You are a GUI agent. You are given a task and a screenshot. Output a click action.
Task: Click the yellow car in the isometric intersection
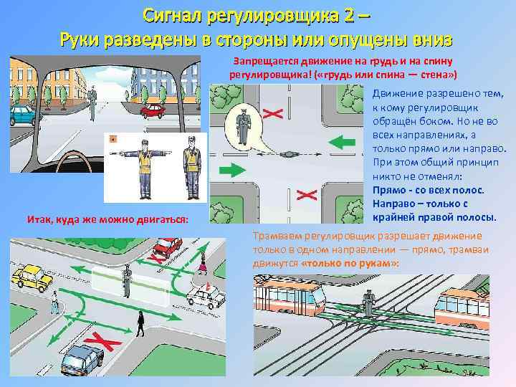32,275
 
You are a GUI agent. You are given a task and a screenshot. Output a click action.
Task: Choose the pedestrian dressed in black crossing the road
141,329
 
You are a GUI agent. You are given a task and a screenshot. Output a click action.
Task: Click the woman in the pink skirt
203,264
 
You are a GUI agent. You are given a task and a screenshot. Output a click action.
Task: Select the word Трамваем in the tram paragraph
274,236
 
